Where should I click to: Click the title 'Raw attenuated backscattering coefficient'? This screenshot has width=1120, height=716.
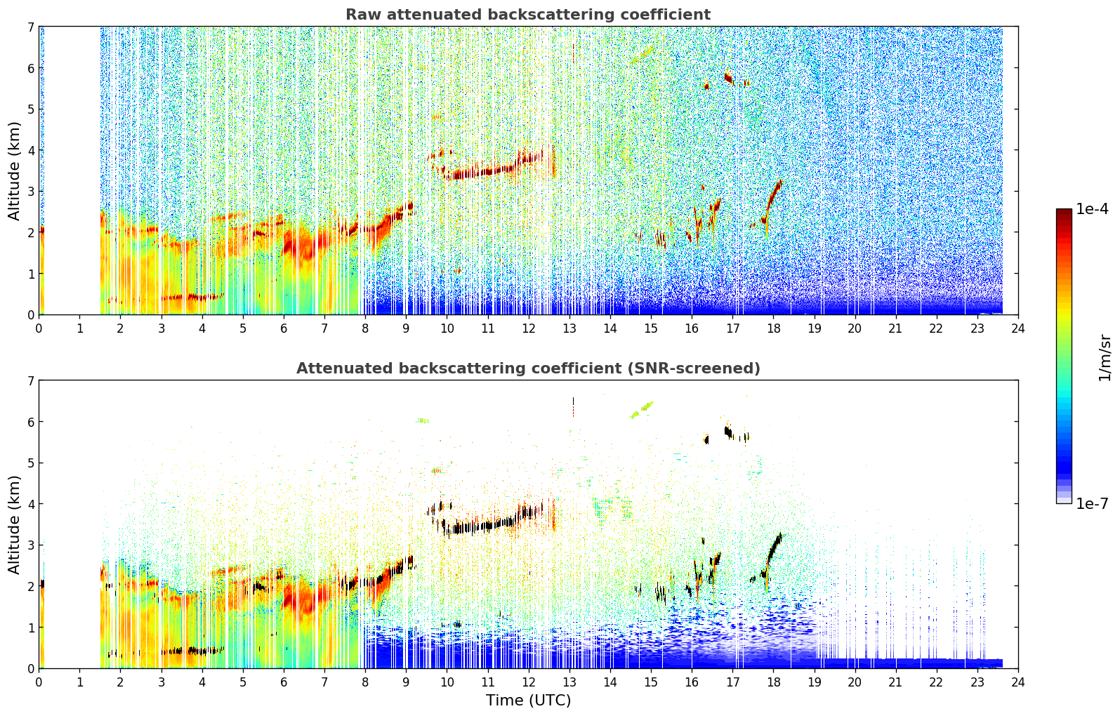pos(528,15)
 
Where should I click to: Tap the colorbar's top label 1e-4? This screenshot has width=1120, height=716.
pos(1092,208)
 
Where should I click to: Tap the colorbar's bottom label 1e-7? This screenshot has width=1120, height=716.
pos(1092,503)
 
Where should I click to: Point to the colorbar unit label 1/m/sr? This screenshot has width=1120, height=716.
pos(1105,358)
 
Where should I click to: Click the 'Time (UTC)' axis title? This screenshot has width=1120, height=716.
pos(528,700)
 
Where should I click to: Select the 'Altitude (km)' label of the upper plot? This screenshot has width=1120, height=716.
pos(14,171)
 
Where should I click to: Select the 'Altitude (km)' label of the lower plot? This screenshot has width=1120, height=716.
pos(14,524)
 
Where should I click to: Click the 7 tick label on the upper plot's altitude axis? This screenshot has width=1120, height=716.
pos(31,27)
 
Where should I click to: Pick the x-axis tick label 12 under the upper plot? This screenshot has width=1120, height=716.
pos(528,329)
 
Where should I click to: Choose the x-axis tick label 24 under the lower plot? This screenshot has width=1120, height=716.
pos(1018,682)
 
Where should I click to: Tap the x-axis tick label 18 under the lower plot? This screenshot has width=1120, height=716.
pos(773,682)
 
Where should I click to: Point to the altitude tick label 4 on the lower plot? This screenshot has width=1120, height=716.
pos(31,504)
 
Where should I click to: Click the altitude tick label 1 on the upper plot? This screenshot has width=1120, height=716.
pos(31,274)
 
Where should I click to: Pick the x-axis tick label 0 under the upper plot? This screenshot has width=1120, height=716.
pos(39,329)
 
